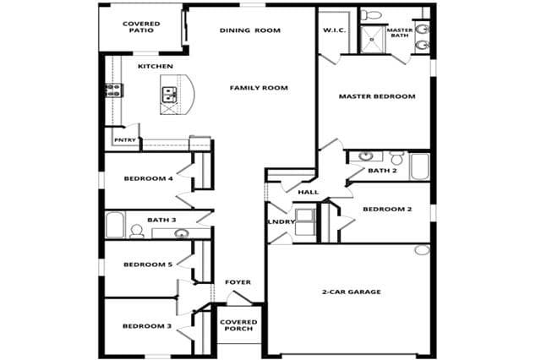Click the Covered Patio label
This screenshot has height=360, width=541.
(141, 27)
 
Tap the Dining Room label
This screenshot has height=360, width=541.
(250, 30)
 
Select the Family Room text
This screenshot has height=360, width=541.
(259, 88)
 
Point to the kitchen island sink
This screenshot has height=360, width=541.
(169, 95)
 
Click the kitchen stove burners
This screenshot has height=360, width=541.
(112, 90)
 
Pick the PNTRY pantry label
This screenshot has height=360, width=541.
(125, 140)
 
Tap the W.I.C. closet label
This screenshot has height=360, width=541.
(335, 30)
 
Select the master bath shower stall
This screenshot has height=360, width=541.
(372, 39)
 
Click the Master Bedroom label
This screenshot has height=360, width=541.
(377, 96)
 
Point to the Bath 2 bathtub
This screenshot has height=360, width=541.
(420, 166)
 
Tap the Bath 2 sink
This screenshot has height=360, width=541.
(365, 156)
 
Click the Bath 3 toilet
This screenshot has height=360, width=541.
(137, 231)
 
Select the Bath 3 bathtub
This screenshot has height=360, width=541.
(115, 225)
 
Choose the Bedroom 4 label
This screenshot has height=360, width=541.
(149, 178)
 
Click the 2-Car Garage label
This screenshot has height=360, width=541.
(352, 292)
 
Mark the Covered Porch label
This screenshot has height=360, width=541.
(238, 325)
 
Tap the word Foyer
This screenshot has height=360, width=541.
(238, 282)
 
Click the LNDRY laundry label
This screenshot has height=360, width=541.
(281, 221)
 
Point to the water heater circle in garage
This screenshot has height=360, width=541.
(422, 250)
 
